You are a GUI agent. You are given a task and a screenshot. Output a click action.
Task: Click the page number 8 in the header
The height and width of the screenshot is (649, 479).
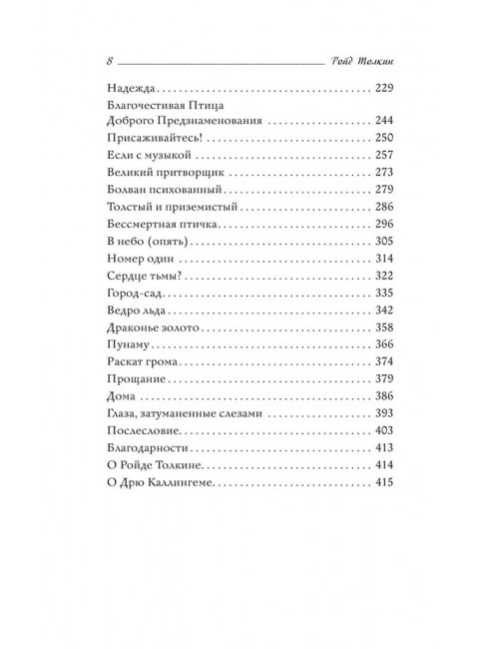[x=107, y=59]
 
